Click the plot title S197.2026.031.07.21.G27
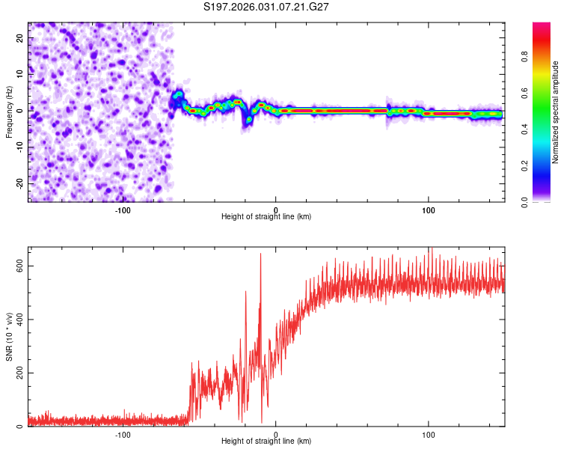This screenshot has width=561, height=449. click(267, 7)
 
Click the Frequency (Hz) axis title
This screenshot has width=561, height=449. click(9, 111)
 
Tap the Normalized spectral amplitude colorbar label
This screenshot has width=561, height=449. click(555, 112)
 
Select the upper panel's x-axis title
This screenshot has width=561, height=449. click(266, 216)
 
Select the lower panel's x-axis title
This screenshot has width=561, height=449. click(266, 441)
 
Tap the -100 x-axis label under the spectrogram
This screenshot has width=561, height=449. click(123, 209)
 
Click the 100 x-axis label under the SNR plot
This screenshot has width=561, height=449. click(429, 434)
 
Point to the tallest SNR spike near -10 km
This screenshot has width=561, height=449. click(260, 254)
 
